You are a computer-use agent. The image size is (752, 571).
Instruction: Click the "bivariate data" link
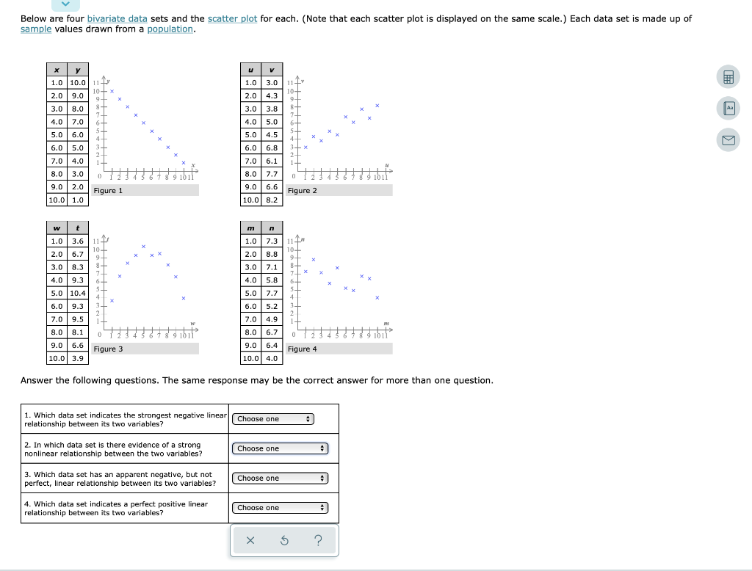[x=117, y=18]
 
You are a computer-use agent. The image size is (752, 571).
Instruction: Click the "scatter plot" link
[x=232, y=18]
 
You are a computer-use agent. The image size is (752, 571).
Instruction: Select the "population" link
[x=170, y=29]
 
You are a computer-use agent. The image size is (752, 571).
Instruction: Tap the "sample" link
[x=35, y=29]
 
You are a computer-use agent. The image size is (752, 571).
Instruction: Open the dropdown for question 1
[x=273, y=419]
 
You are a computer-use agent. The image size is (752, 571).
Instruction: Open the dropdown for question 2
[x=281, y=448]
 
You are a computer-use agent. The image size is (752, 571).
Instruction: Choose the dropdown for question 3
[x=281, y=479]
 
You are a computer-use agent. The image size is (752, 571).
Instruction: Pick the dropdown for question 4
[x=281, y=508]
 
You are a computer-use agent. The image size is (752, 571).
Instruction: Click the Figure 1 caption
[x=108, y=191]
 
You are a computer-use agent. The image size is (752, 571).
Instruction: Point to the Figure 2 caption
[x=303, y=191]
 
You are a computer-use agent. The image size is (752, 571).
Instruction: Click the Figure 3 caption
[x=108, y=349]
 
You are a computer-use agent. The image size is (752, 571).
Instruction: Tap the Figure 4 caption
[x=303, y=349]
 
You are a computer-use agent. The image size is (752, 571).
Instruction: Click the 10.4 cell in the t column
[x=78, y=294]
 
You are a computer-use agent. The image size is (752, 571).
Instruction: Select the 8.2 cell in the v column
[x=272, y=200]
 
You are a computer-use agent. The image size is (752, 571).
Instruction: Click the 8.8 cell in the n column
[x=272, y=254]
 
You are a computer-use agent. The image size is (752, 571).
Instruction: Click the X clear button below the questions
[x=250, y=541]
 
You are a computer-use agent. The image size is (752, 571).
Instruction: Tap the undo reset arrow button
[x=283, y=541]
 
